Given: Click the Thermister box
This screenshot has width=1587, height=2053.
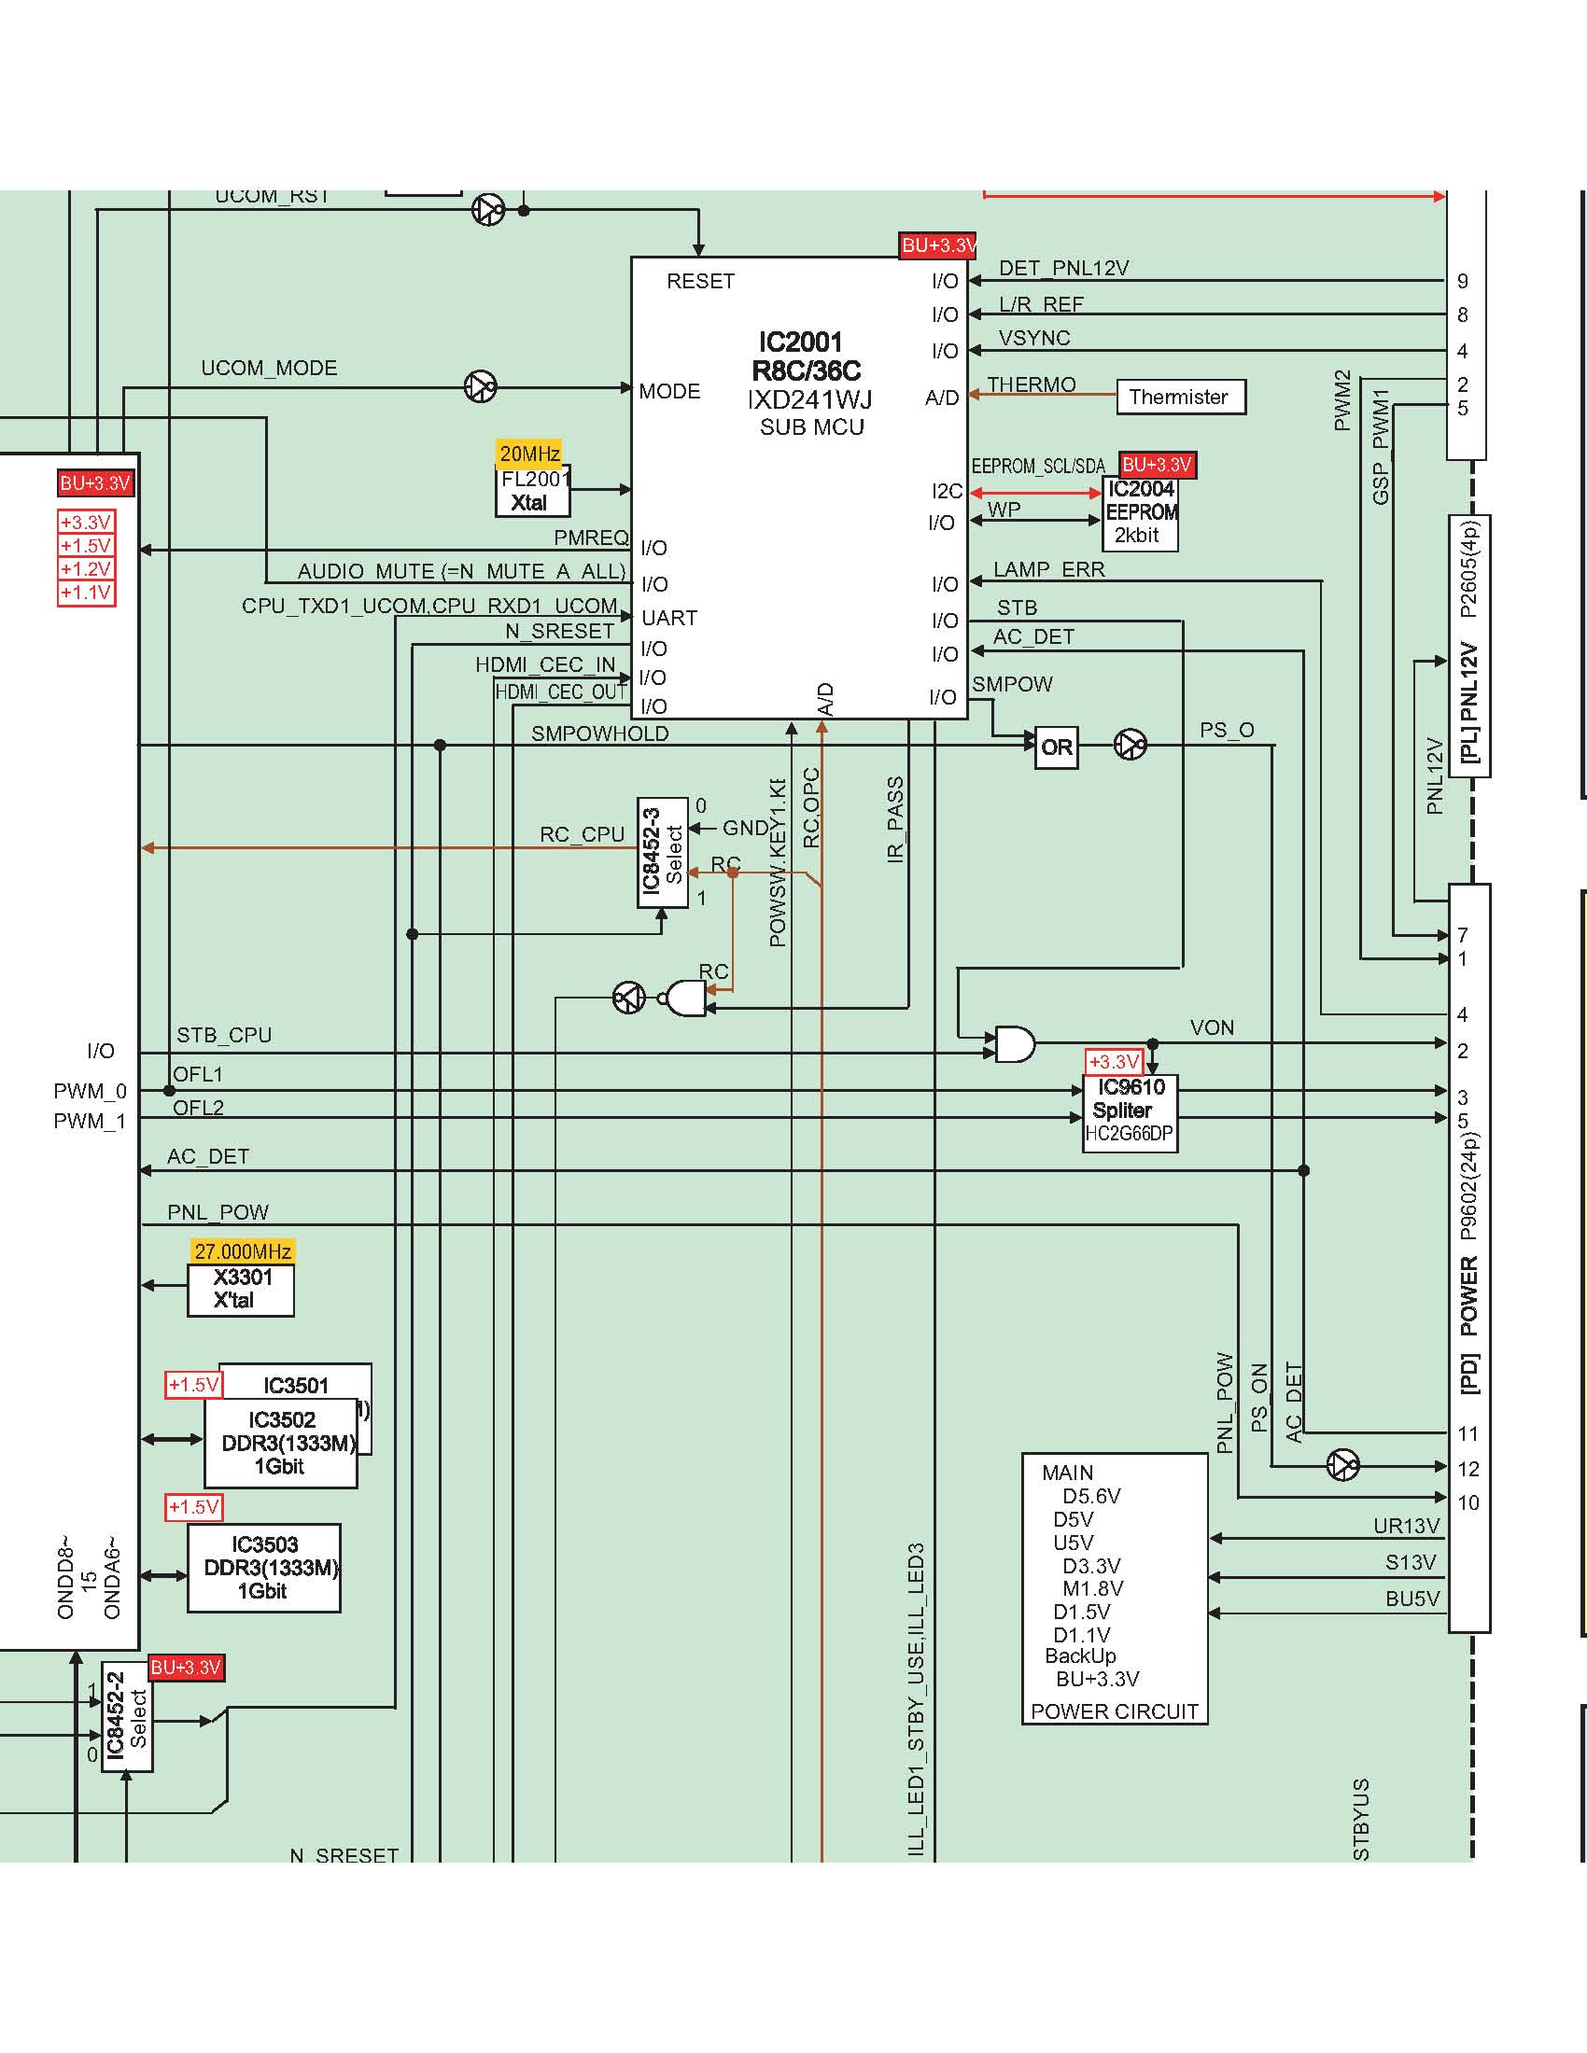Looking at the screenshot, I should pyautogui.click(x=1181, y=397).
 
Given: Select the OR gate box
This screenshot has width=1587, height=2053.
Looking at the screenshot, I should pyautogui.click(x=1056, y=747).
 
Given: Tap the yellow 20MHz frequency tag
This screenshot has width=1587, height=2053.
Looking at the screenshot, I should pyautogui.click(x=529, y=454).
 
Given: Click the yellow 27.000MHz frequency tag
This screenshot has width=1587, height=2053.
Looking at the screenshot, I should pyautogui.click(x=243, y=1251).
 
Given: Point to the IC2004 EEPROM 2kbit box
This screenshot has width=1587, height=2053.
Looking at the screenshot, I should pyautogui.click(x=1140, y=513).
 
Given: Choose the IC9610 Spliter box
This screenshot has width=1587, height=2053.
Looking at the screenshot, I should pyautogui.click(x=1131, y=1112).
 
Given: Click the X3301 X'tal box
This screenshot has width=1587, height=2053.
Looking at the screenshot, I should pyautogui.click(x=241, y=1290).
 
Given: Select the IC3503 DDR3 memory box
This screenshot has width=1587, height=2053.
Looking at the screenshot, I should pyautogui.click(x=264, y=1567).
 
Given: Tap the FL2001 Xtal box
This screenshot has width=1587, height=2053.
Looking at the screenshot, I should pyautogui.click(x=533, y=492).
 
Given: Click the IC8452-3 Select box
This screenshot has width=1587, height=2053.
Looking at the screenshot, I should pyautogui.click(x=662, y=852).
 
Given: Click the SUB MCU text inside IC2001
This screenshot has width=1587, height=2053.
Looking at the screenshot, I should pyautogui.click(x=811, y=427).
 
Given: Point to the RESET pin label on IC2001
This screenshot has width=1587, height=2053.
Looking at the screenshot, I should pyautogui.click(x=700, y=281).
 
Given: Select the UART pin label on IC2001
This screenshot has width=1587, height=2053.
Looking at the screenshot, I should pyautogui.click(x=668, y=618).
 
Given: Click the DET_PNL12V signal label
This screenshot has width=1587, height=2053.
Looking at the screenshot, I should pyautogui.click(x=1063, y=268).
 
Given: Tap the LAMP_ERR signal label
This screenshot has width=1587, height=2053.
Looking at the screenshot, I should pyautogui.click(x=1049, y=569).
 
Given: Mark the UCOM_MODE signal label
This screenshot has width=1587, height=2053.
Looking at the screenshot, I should pyautogui.click(x=269, y=368).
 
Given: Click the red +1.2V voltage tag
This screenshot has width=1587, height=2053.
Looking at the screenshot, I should pyautogui.click(x=86, y=568).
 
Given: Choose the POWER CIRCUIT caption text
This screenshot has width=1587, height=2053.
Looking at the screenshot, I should pyautogui.click(x=1114, y=1711).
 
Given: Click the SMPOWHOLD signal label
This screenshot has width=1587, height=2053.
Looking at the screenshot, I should pyautogui.click(x=600, y=733).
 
